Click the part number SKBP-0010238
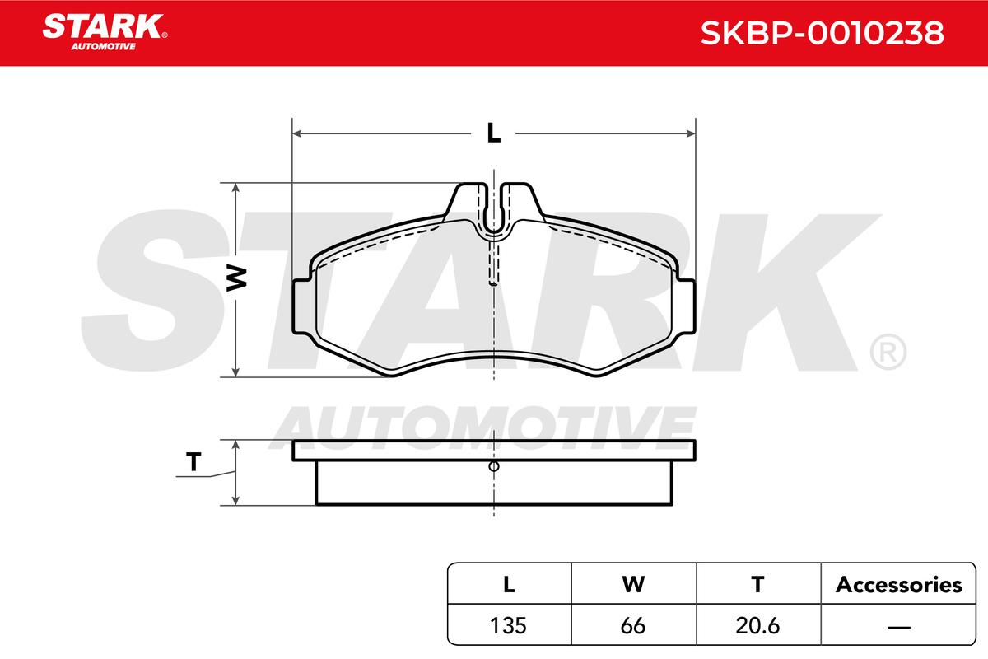pos(823,33)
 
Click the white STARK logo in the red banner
pos(105,32)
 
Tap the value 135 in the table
pos(508,626)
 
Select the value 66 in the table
pos(633,626)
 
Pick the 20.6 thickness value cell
pos(757,626)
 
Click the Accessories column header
pos(898,585)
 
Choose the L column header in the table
pos(509,585)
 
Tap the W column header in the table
pos(633,585)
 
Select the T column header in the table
pos(757,585)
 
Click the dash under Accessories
pos(899,627)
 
